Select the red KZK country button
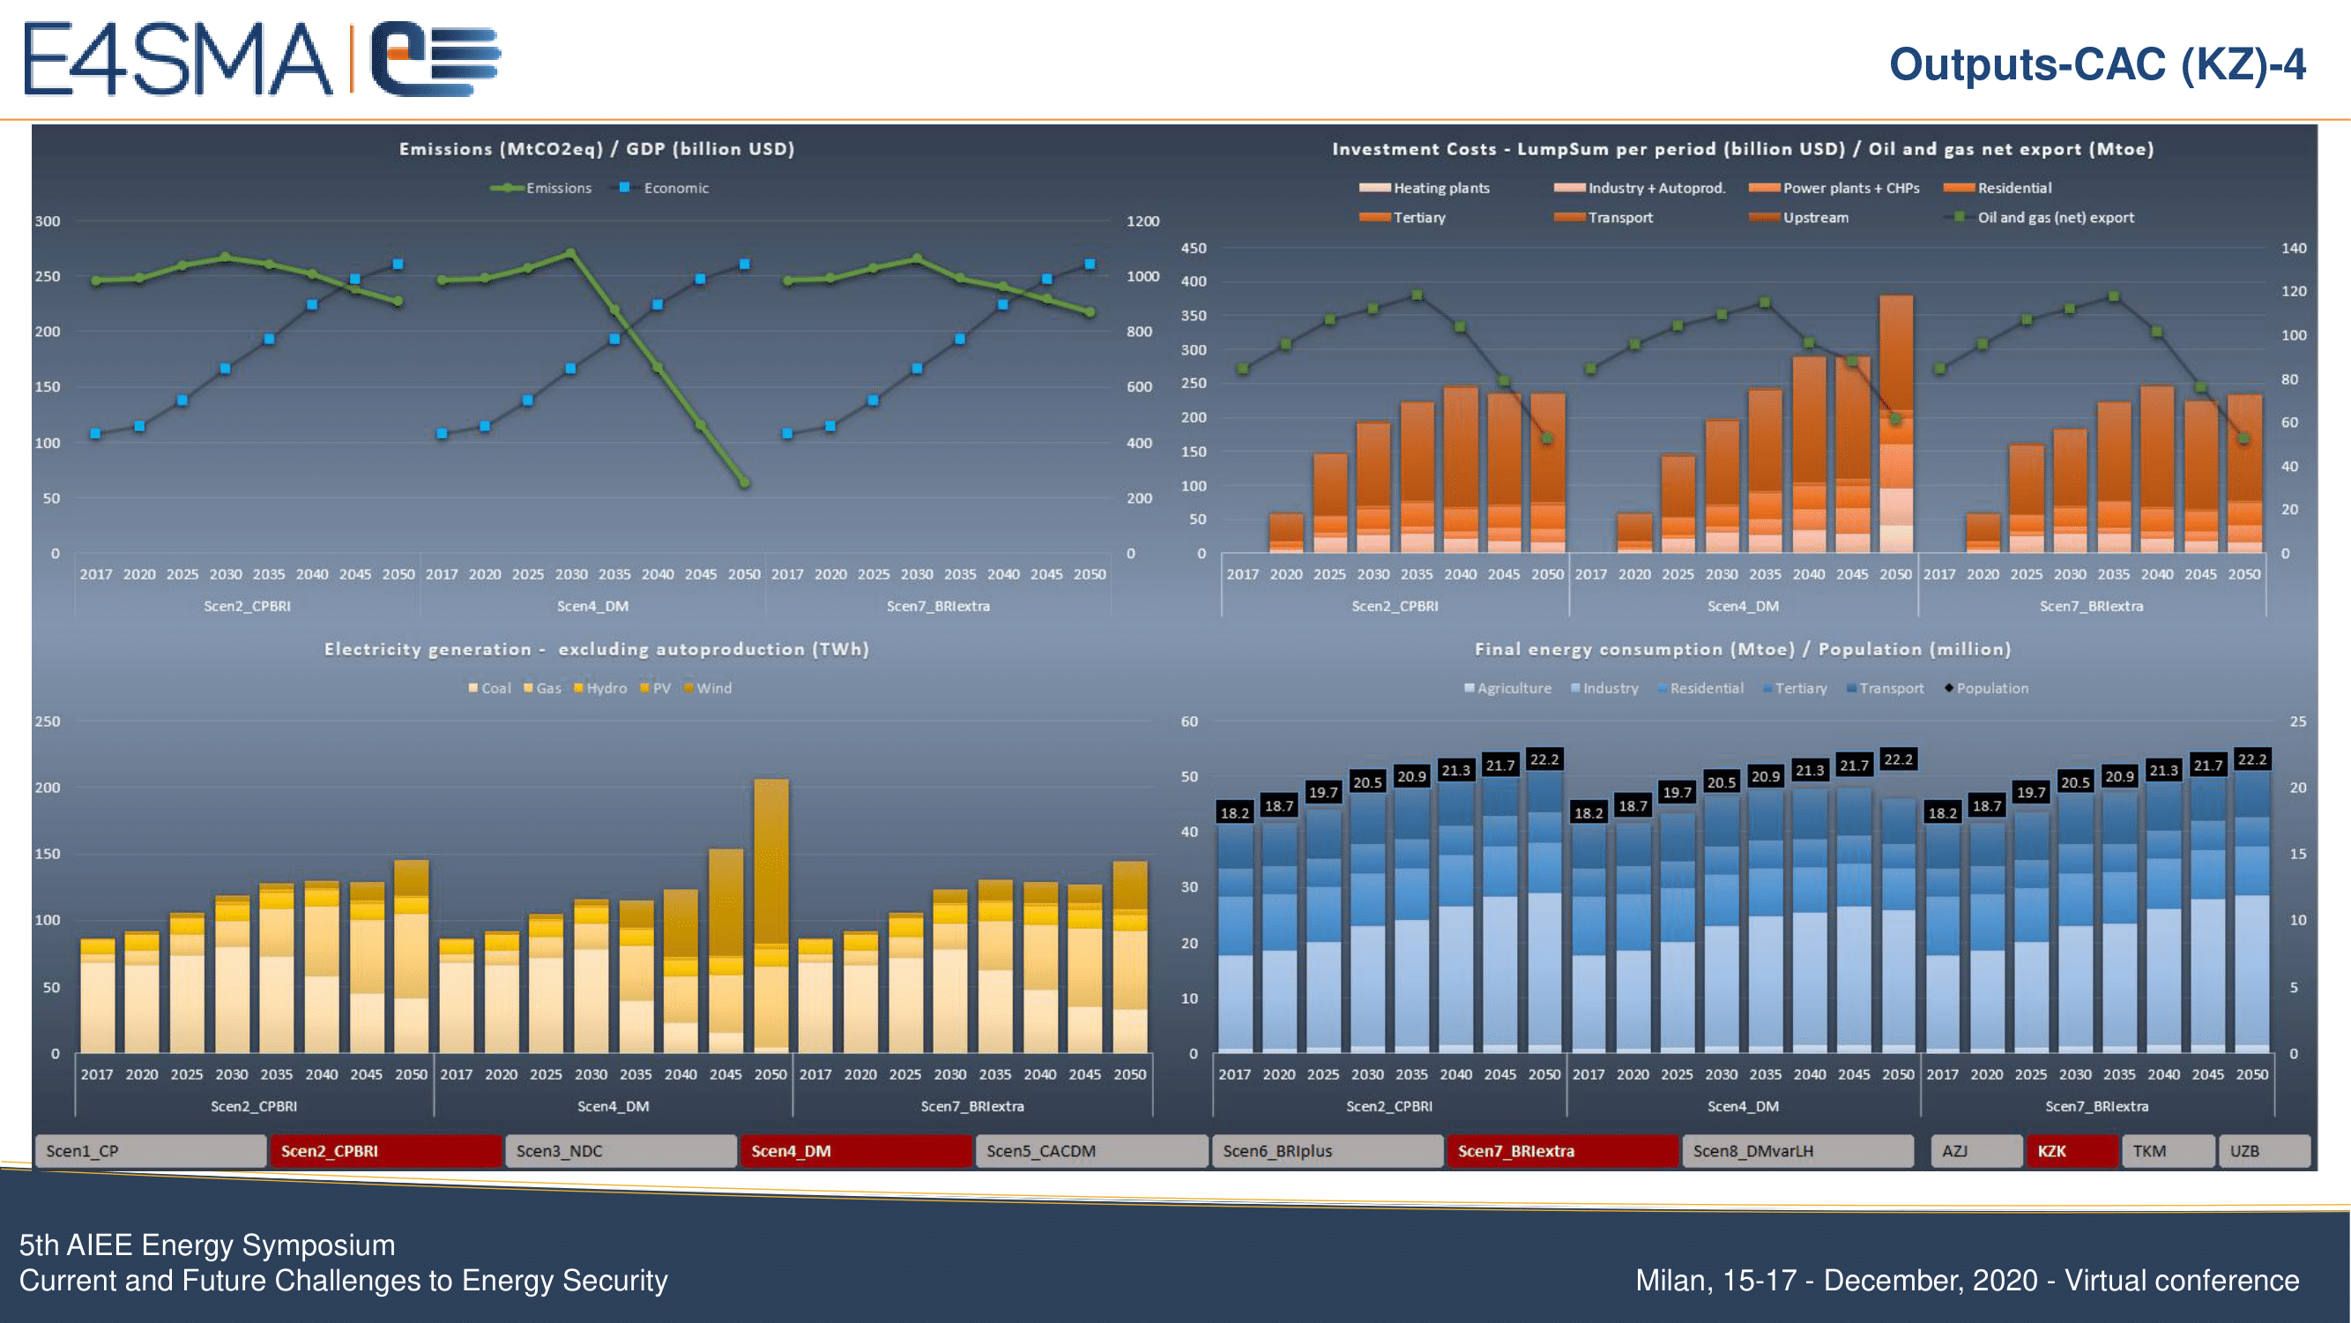(x=2070, y=1150)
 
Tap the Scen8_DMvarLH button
(x=1797, y=1150)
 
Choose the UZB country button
(x=2263, y=1150)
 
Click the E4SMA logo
(x=261, y=59)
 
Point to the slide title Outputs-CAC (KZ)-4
(x=2096, y=64)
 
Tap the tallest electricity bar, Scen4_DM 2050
(x=771, y=913)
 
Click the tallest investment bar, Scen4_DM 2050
(x=1895, y=420)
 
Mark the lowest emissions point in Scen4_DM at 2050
(x=744, y=482)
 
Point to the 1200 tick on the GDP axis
(x=1142, y=221)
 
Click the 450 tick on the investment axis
(x=1193, y=249)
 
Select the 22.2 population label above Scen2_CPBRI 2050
(x=1544, y=759)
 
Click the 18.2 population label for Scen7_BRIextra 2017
(x=1942, y=812)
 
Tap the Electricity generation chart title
(x=596, y=649)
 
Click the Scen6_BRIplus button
(x=1326, y=1150)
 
